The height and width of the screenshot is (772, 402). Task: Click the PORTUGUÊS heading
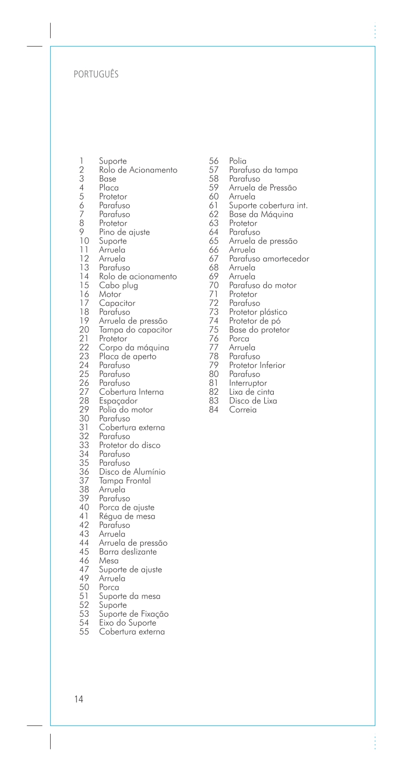click(x=96, y=74)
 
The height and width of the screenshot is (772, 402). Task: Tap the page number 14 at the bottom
click(x=79, y=699)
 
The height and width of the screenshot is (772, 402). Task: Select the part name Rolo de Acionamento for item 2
click(x=138, y=170)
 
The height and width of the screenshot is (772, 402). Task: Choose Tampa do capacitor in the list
click(x=135, y=330)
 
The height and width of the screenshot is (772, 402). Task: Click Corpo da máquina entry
click(x=133, y=348)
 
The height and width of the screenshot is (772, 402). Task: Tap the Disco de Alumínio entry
click(x=132, y=472)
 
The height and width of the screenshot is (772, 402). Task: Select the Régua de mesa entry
click(x=127, y=516)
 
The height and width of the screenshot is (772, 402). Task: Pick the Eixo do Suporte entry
click(x=127, y=623)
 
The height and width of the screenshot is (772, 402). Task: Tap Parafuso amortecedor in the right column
click(x=269, y=259)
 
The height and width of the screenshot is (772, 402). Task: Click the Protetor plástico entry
click(x=258, y=312)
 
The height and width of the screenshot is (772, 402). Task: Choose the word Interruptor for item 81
click(x=248, y=383)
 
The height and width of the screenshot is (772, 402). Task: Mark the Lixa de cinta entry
click(x=251, y=392)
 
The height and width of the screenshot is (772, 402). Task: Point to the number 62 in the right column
click(x=213, y=214)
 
